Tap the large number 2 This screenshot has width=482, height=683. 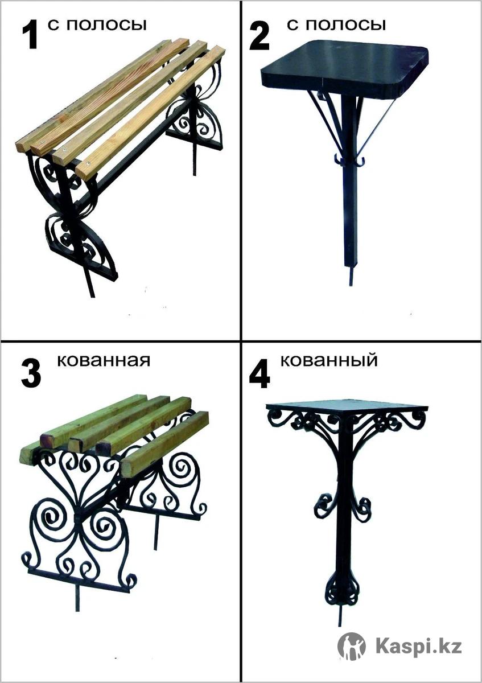click(x=259, y=36)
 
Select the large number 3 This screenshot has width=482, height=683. click(x=31, y=374)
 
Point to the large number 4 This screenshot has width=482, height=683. click(x=259, y=374)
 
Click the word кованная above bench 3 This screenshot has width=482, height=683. click(x=104, y=360)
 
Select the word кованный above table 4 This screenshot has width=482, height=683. click(x=329, y=360)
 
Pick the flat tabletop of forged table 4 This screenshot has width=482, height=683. click(x=347, y=406)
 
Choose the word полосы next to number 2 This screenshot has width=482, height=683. click(x=346, y=26)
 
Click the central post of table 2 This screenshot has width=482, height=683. click(x=349, y=183)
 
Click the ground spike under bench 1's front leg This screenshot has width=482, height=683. click(x=90, y=282)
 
